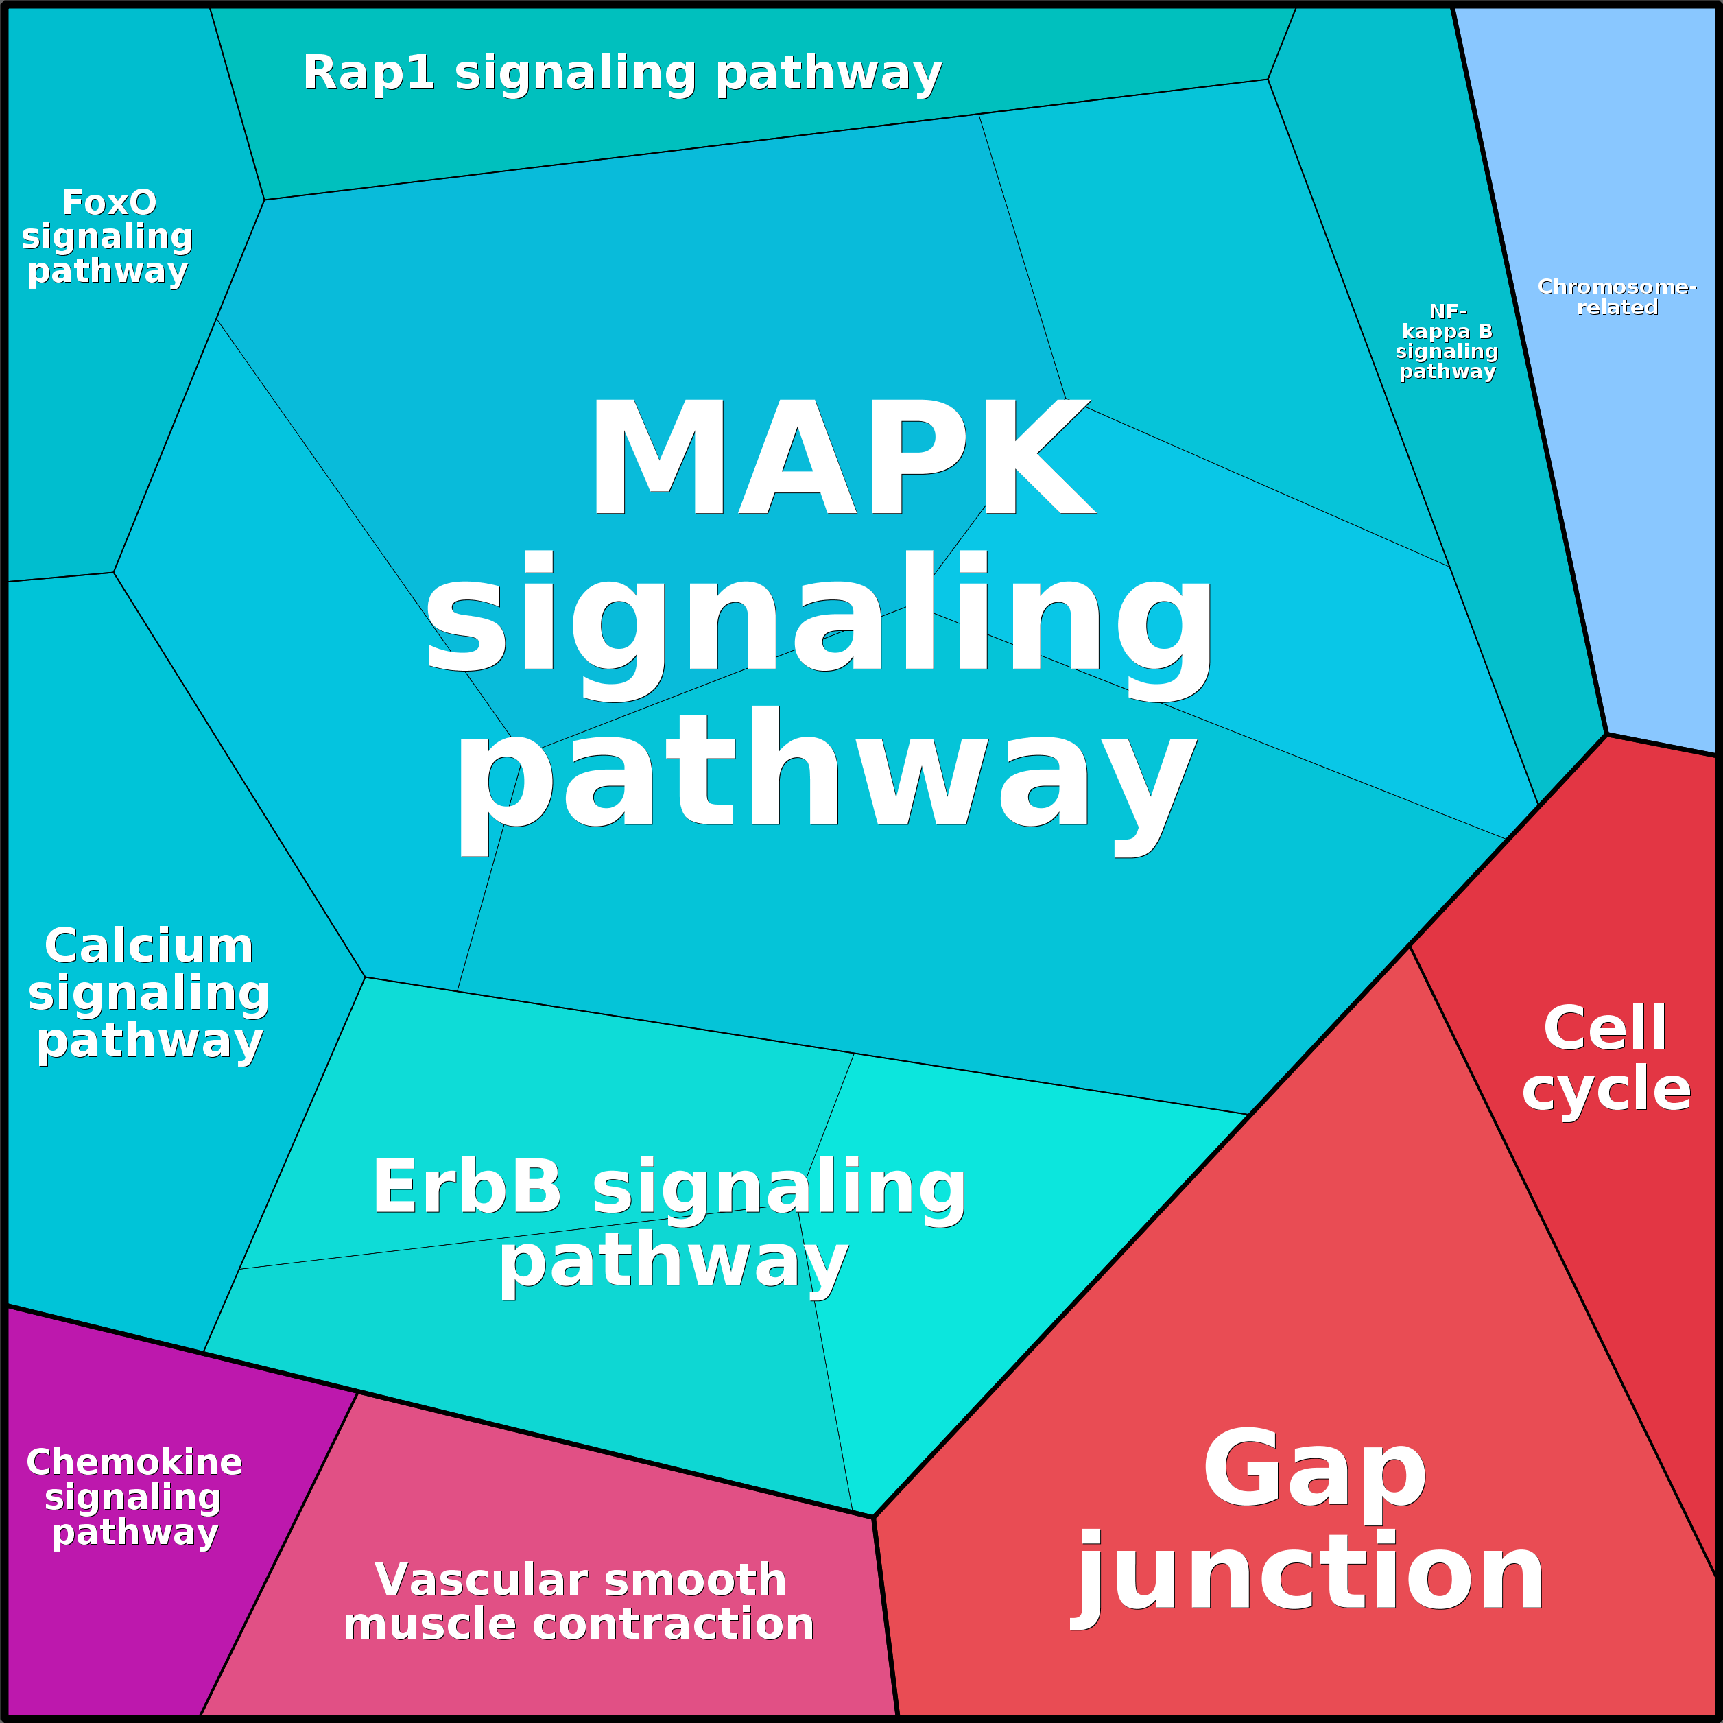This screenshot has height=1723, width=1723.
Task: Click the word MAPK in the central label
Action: click(841, 458)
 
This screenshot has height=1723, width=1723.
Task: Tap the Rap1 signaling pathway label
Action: click(621, 73)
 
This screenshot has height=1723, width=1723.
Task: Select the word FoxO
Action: click(109, 203)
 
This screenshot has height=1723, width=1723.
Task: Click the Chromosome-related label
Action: click(1616, 297)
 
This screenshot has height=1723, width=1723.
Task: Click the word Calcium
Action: click(149, 947)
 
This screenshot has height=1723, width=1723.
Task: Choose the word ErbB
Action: click(466, 1187)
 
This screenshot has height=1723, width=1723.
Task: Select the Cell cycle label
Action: click(1605, 1058)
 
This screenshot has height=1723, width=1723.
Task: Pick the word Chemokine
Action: click(134, 1462)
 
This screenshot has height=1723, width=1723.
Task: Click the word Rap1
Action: click(368, 73)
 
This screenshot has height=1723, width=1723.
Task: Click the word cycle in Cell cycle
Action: click(1605, 1090)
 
